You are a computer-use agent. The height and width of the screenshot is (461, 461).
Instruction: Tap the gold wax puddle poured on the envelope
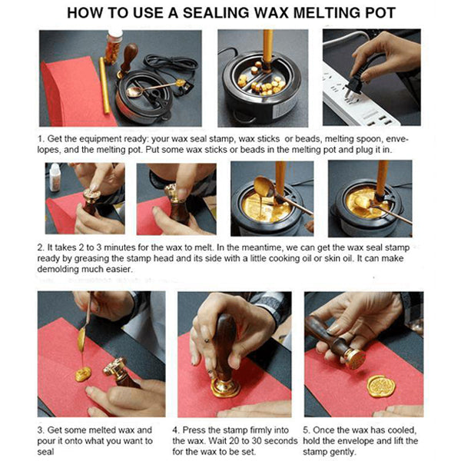(83, 373)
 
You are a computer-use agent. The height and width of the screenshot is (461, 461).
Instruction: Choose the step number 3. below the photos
(41, 429)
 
